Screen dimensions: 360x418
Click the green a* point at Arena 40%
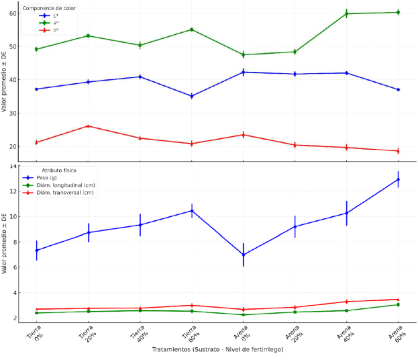pyautogui.click(x=346, y=13)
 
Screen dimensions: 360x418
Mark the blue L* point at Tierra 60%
pyautogui.click(x=191, y=96)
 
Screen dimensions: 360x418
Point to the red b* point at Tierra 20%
pyautogui.click(x=88, y=126)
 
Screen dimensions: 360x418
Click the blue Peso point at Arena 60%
pyautogui.click(x=398, y=179)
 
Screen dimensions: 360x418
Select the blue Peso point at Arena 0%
pyautogui.click(x=243, y=255)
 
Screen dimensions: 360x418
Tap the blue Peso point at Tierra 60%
pyautogui.click(x=191, y=211)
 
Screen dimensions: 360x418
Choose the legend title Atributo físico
pyautogui.click(x=60, y=170)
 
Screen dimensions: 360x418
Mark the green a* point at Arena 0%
pyautogui.click(x=243, y=55)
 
